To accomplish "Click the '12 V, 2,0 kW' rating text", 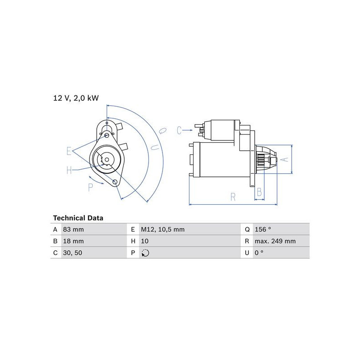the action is coord(76,98).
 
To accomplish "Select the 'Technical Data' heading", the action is coord(78,218).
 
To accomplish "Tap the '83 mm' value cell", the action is coord(73,229).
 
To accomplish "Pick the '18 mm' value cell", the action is coord(73,241).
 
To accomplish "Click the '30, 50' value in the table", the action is coord(72,253).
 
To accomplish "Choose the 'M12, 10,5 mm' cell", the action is coord(163,229).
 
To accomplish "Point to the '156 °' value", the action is coord(263,229).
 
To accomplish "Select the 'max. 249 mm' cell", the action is coord(275,241).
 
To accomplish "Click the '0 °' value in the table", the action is coord(259,253).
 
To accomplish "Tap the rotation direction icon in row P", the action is coord(145,253).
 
